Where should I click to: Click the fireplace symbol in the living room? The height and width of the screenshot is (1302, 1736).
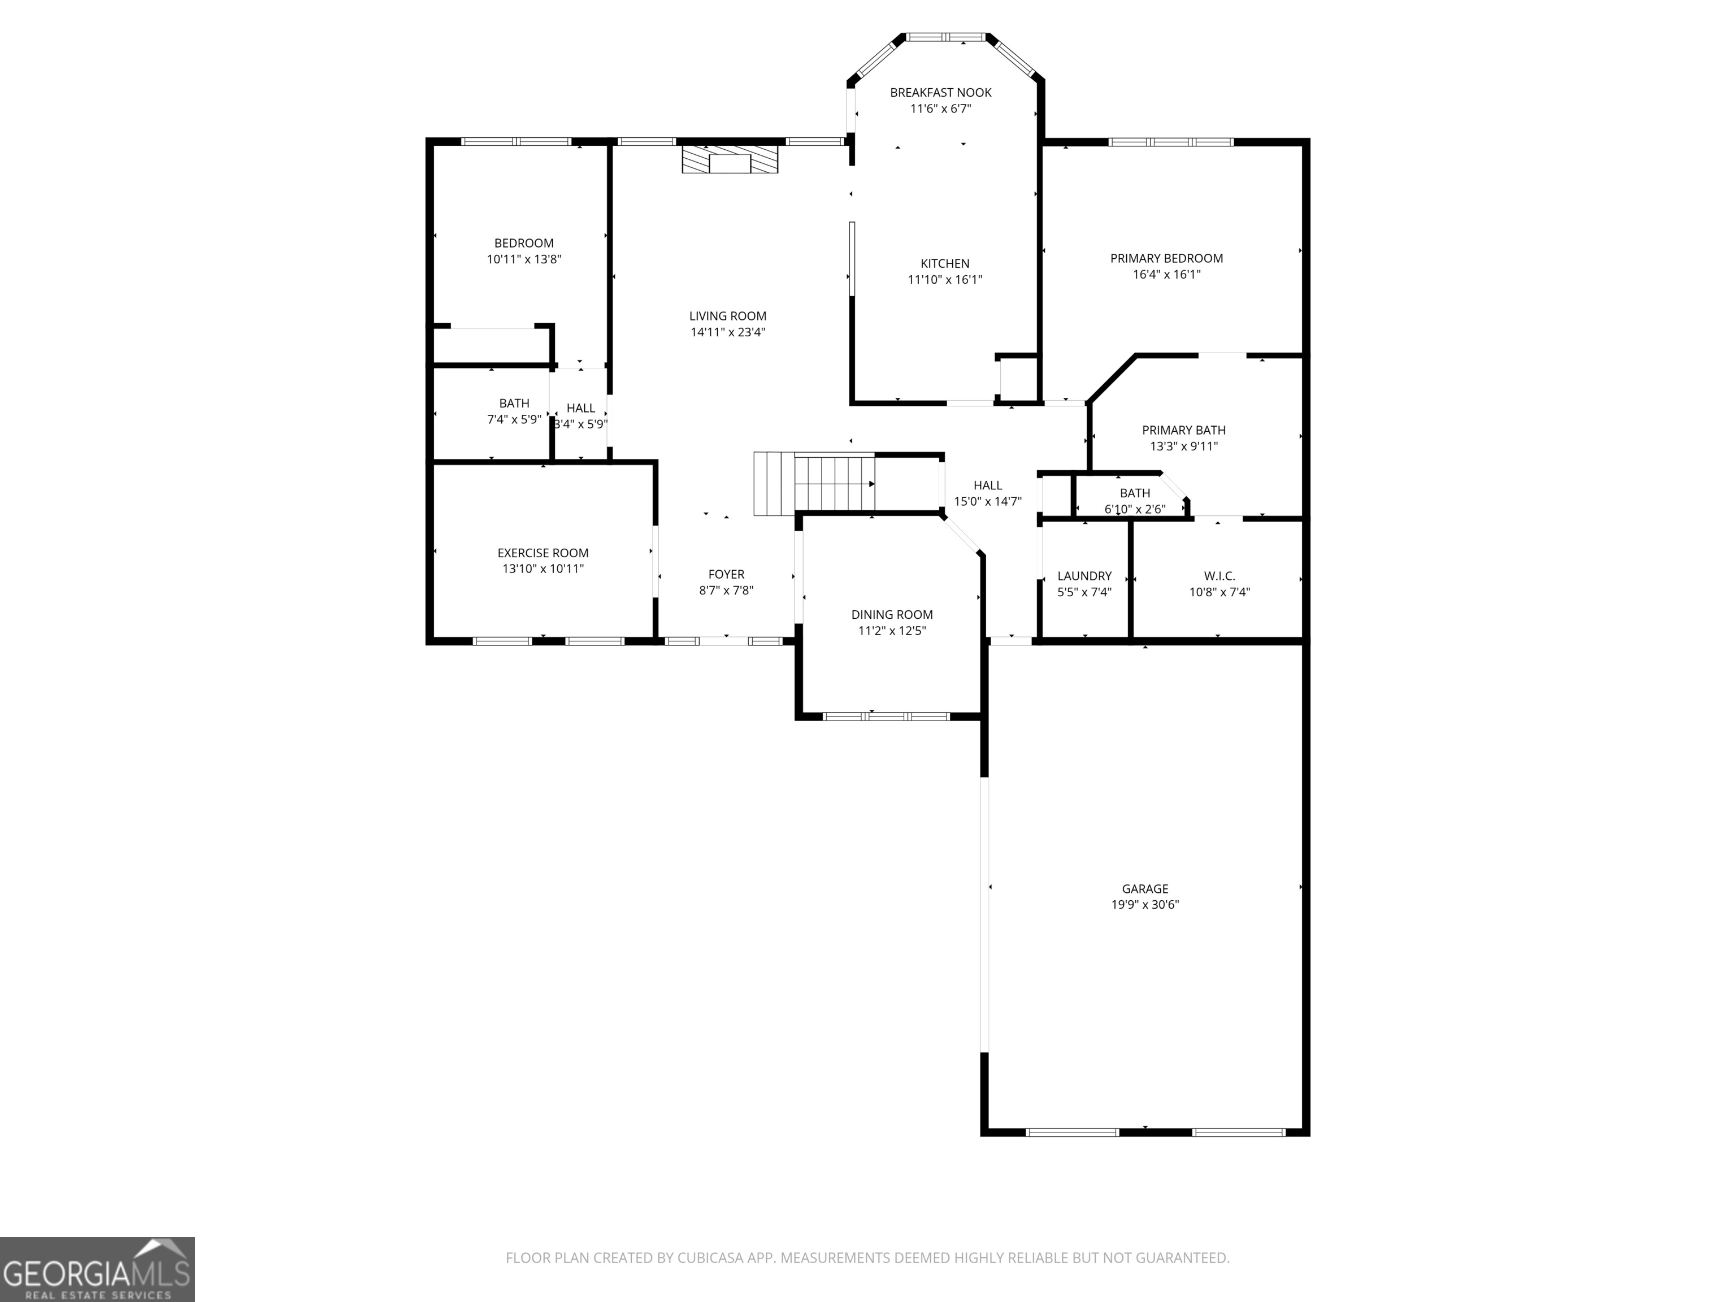[x=730, y=159]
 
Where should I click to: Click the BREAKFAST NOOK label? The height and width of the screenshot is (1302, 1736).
[x=940, y=93]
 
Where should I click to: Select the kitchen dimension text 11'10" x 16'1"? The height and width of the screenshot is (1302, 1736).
[x=945, y=279]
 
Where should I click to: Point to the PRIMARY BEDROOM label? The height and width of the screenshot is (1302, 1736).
[x=1166, y=258]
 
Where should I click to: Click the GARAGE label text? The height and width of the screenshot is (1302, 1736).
[x=1144, y=888]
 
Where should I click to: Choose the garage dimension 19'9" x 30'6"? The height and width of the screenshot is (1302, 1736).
[x=1144, y=904]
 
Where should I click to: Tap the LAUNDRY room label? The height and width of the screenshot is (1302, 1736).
[x=1084, y=576]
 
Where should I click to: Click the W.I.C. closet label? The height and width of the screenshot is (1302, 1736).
[x=1219, y=576]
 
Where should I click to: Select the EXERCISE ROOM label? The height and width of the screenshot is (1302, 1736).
[x=542, y=553]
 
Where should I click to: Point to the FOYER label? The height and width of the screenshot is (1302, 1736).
[x=726, y=575]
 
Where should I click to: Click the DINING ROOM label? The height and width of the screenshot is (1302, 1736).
[x=892, y=614]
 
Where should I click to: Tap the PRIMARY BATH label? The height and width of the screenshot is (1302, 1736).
[x=1183, y=430]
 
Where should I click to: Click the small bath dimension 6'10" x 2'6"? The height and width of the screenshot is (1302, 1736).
[x=1134, y=509]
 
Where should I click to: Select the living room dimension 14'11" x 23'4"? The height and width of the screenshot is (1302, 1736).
[x=727, y=332]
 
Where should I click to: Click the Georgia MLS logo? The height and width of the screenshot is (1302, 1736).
[x=97, y=1269]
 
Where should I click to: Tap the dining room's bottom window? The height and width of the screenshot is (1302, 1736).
[x=886, y=716]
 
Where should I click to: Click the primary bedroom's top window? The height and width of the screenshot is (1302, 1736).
[x=1170, y=142]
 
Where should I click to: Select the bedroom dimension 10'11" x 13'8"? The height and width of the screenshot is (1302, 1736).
[x=523, y=259]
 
